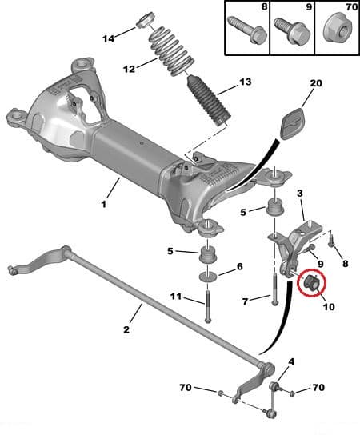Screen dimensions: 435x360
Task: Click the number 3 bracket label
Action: tap(301, 194)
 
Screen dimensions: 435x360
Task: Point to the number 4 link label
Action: tap(290, 361)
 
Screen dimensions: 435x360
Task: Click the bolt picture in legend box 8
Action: tap(243, 30)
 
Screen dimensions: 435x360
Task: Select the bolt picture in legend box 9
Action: tap(288, 30)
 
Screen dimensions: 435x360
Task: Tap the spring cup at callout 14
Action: tap(146, 19)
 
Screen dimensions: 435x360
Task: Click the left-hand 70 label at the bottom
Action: tap(186, 389)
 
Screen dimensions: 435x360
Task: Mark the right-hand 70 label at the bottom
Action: tap(318, 388)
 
